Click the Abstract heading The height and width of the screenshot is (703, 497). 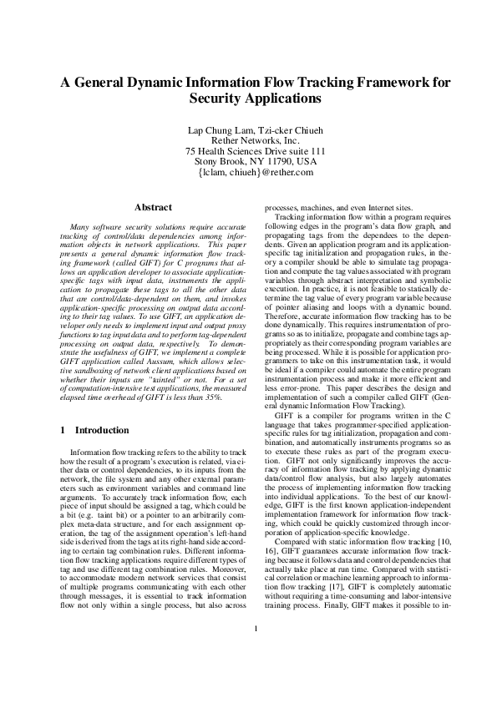click(x=153, y=207)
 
